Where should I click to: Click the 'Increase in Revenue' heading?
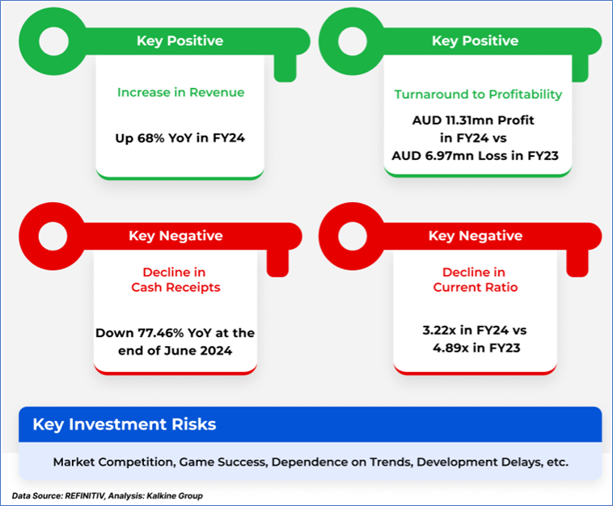point(180,93)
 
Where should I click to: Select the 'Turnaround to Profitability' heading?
point(478,95)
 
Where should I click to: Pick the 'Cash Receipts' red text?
point(176,287)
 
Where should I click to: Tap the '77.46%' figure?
point(161,333)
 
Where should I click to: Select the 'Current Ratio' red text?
point(476,287)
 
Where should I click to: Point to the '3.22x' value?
point(439,330)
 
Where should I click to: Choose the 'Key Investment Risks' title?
point(125,424)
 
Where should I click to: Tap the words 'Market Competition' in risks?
point(113,462)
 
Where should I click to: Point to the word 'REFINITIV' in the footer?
point(85,495)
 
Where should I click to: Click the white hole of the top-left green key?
point(54,41)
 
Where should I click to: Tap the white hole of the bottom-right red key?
point(353,236)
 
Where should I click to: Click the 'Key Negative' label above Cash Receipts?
point(176,235)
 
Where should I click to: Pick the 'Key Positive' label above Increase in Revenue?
point(180,40)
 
